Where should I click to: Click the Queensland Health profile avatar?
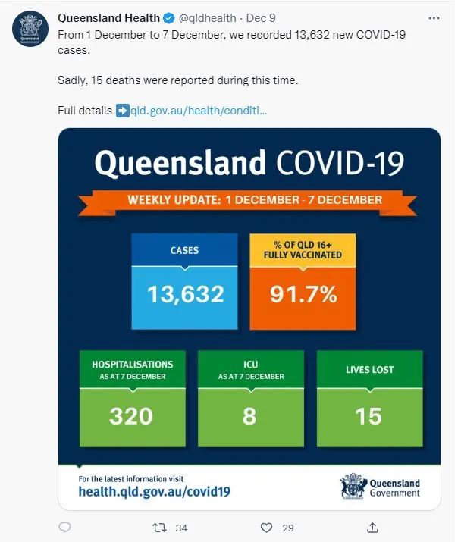click(30, 29)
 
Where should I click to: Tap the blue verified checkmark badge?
click(169, 18)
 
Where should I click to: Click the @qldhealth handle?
click(207, 18)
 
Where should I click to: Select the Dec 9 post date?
click(261, 18)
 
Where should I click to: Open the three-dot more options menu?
click(434, 18)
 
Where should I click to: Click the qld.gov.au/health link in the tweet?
click(199, 111)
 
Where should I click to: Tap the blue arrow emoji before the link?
click(122, 111)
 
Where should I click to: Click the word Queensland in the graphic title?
click(180, 162)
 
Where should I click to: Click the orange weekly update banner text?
click(255, 200)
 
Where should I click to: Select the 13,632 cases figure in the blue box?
click(185, 295)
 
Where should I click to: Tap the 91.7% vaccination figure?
click(303, 294)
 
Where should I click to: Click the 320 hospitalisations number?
click(130, 416)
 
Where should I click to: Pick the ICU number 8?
click(249, 416)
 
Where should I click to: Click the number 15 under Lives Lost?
click(368, 416)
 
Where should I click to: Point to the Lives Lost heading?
click(370, 369)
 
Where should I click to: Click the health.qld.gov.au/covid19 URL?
click(154, 491)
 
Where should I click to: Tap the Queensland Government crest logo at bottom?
click(353, 486)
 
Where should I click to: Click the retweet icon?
click(159, 528)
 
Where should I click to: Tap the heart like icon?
click(266, 528)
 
